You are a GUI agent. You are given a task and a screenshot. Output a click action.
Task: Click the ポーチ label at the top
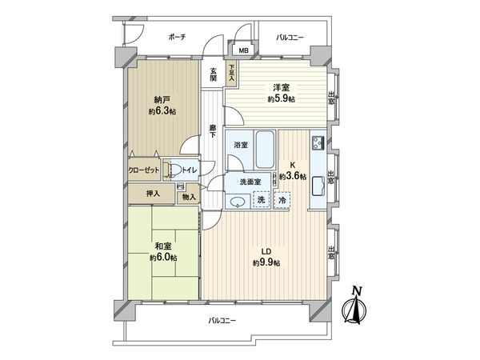178,37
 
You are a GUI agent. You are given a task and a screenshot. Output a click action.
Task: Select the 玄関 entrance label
214,74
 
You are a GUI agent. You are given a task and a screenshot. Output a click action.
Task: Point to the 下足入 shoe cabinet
231,74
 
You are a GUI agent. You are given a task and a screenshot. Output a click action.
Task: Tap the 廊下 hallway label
213,131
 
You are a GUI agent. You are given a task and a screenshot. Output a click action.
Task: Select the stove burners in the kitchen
317,145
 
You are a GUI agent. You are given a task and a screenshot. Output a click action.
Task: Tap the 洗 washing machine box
262,199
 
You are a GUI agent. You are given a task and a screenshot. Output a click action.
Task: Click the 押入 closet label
152,194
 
